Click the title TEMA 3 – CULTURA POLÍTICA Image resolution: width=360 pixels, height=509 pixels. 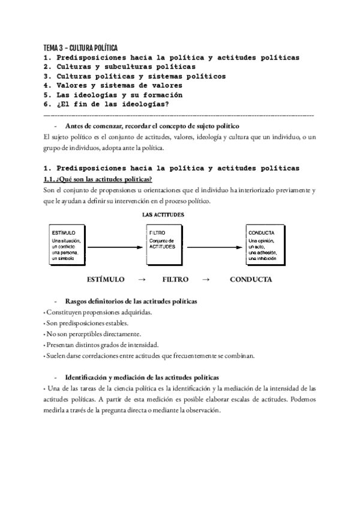80,47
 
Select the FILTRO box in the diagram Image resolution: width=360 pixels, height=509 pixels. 164,245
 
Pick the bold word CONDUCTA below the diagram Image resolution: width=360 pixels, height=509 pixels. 251,280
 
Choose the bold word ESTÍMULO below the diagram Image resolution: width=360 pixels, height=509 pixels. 106,280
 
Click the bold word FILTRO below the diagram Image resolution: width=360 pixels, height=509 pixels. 175,280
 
